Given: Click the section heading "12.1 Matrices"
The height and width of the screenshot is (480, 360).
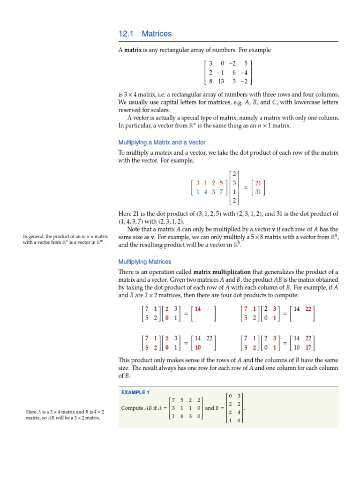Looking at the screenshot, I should click(x=145, y=34).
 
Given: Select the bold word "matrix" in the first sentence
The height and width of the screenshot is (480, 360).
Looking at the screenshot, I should click(x=133, y=50).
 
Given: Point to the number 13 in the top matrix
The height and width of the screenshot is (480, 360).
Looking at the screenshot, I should click(x=221, y=81).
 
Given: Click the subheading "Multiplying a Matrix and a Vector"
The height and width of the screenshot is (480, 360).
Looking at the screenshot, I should click(x=162, y=142).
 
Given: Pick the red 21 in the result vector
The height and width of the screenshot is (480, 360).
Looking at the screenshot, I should click(x=258, y=183).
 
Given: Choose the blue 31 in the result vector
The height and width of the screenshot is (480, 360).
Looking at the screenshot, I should click(x=258, y=192).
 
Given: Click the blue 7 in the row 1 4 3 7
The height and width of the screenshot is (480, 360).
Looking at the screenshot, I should click(x=221, y=192).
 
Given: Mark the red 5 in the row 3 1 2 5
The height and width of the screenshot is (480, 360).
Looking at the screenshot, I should click(x=221, y=183).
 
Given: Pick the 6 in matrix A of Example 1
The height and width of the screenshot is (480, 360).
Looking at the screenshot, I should click(x=182, y=416).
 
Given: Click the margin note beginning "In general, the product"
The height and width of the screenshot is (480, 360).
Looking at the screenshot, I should click(x=65, y=240).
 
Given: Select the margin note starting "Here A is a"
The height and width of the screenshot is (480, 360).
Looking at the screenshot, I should click(x=65, y=414).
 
